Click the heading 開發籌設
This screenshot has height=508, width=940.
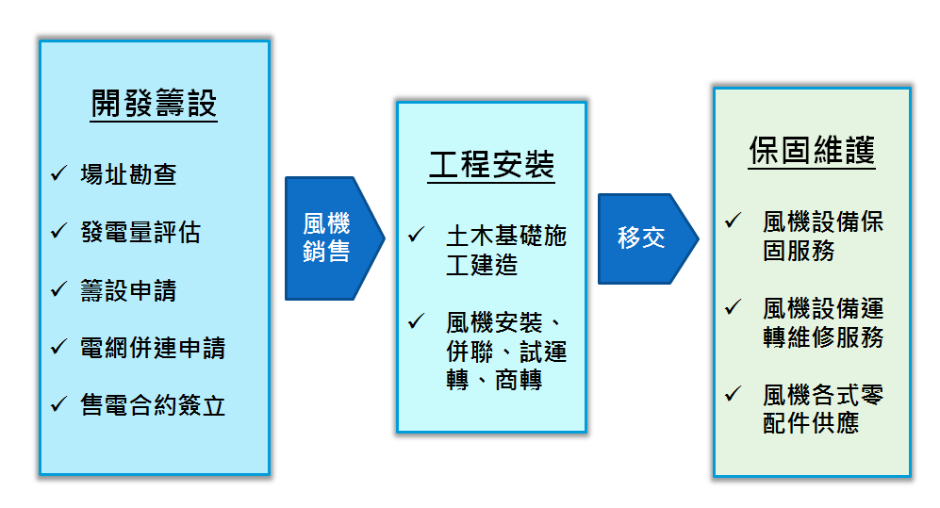pyautogui.click(x=154, y=104)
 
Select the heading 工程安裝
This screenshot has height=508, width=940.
pyautogui.click(x=491, y=166)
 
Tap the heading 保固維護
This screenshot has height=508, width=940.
pyautogui.click(x=812, y=152)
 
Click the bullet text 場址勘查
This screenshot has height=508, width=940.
pyautogui.click(x=128, y=174)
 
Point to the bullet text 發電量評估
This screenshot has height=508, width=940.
pyautogui.click(x=140, y=232)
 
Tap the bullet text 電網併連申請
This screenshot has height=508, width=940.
pyautogui.click(x=152, y=348)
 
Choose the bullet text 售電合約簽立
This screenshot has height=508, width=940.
pyautogui.click(x=152, y=405)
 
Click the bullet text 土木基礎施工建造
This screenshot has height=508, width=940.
pyautogui.click(x=505, y=250)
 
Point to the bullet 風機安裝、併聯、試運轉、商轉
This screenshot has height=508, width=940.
pyautogui.click(x=505, y=352)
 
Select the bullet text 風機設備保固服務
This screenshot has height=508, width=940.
pyautogui.click(x=822, y=236)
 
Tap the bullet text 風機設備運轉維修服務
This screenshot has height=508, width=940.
pyautogui.click(x=822, y=322)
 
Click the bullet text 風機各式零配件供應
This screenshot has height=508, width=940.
pyautogui.click(x=822, y=408)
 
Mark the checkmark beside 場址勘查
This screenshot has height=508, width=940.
pyautogui.click(x=58, y=173)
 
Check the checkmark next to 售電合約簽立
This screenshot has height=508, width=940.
pyautogui.click(x=58, y=404)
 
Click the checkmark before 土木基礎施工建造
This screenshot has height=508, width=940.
pyautogui.click(x=416, y=235)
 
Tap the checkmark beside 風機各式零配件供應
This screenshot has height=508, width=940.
pyautogui.click(x=733, y=393)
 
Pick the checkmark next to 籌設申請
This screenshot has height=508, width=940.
pyautogui.click(x=58, y=289)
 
